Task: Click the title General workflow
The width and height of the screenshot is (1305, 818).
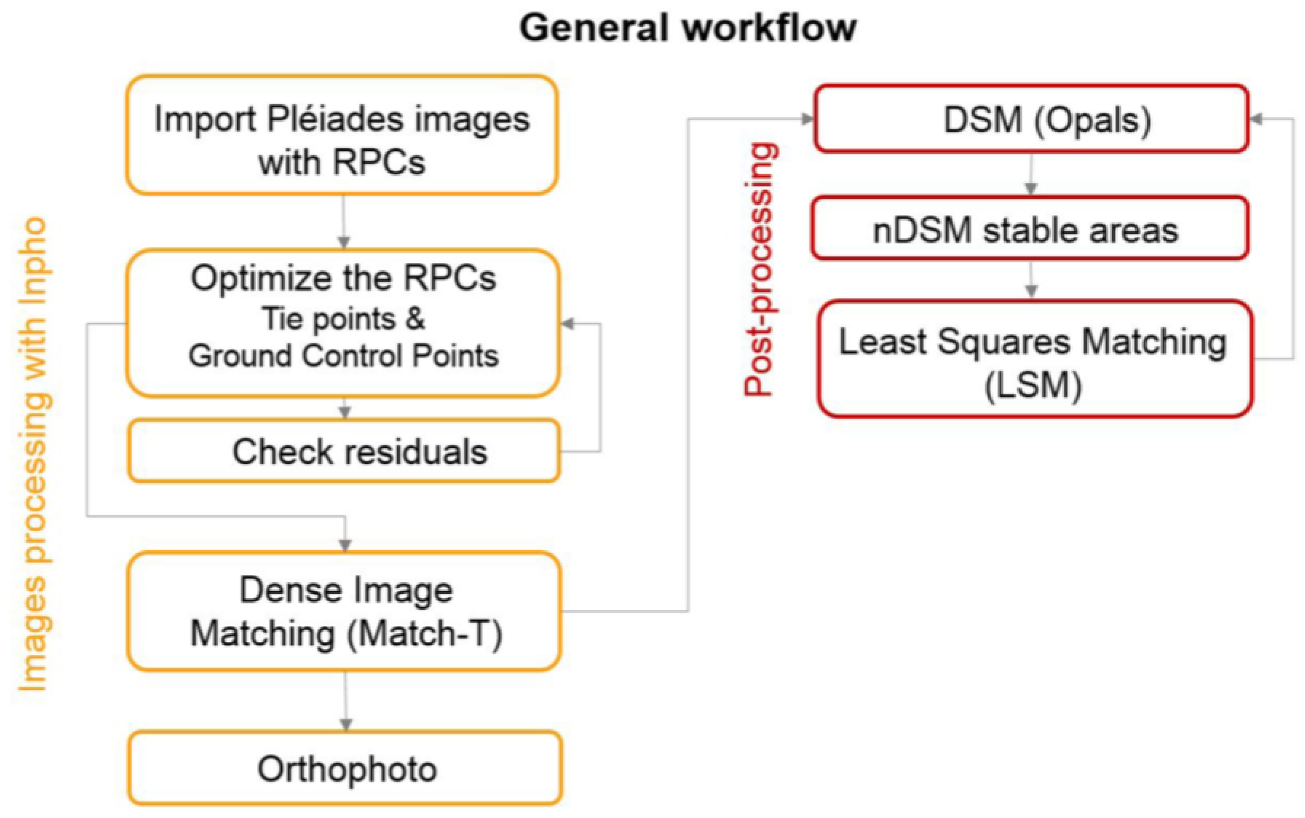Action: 687,28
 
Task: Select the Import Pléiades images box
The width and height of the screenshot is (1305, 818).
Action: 342,135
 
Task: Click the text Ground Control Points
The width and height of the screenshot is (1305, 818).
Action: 343,357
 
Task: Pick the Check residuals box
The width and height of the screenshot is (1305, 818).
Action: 344,451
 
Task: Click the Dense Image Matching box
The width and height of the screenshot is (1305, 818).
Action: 344,611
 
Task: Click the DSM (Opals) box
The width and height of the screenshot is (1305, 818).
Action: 1031,119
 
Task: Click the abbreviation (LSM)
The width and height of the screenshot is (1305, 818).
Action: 1033,386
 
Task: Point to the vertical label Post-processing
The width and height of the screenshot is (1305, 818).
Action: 760,269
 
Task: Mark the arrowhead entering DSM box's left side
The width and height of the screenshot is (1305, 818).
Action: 807,119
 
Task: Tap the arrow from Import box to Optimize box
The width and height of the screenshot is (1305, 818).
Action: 343,222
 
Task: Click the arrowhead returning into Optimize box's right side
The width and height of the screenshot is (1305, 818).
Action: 568,324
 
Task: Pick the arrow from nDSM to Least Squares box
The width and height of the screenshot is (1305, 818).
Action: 1031,280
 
